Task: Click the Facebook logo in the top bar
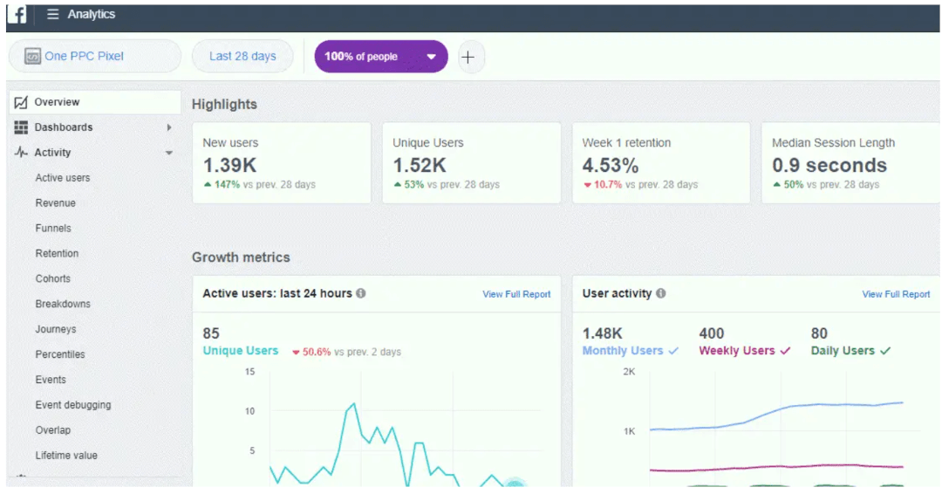tap(17, 15)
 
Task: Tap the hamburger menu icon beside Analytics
tap(53, 15)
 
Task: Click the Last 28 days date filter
tap(242, 57)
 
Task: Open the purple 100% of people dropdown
tap(380, 57)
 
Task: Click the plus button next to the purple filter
tap(468, 57)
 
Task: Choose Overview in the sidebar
tap(57, 102)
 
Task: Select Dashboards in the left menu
tap(64, 127)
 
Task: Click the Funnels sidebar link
tap(53, 229)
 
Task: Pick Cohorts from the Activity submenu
tap(53, 279)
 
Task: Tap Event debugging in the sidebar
tap(73, 406)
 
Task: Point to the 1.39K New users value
tap(229, 165)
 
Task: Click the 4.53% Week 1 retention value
tap(611, 165)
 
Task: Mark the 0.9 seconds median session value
tap(829, 165)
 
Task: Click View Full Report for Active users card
tap(516, 295)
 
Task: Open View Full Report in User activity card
tap(896, 295)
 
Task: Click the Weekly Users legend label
tap(737, 351)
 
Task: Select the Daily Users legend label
tap(843, 351)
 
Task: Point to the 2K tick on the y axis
tap(628, 372)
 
